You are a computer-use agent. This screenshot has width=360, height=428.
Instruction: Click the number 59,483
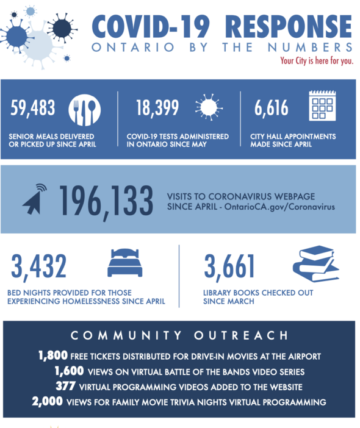(33, 109)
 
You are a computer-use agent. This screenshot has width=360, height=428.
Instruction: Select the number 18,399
(157, 109)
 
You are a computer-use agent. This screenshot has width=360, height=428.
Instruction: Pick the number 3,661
(229, 266)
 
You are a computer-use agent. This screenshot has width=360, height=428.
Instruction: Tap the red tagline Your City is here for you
(316, 60)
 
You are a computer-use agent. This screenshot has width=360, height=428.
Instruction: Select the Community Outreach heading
(179, 335)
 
